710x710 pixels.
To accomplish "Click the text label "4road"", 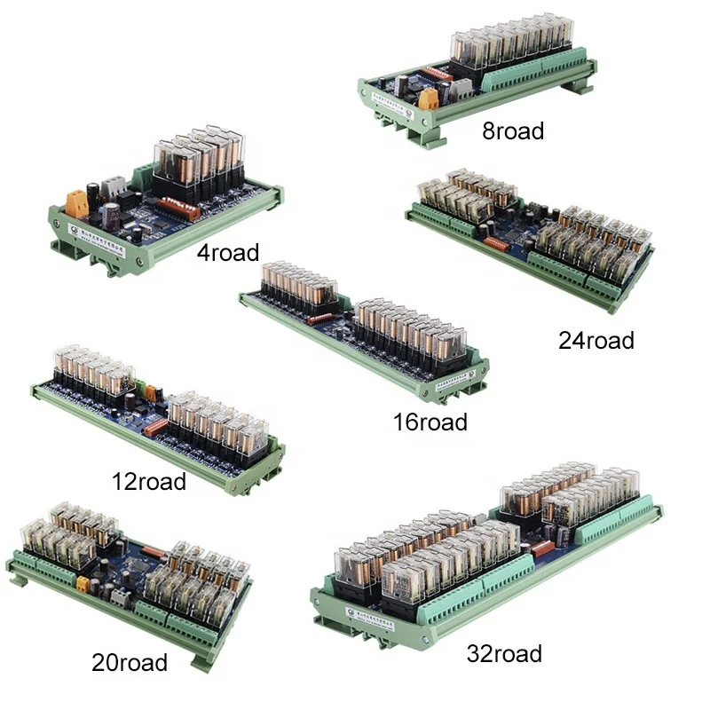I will (x=228, y=253).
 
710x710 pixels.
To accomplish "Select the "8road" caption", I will (x=513, y=131).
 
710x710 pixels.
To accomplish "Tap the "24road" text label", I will (x=596, y=340).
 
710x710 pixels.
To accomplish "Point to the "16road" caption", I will (x=430, y=422).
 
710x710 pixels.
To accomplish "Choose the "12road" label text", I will (x=149, y=482).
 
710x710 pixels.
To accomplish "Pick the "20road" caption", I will (x=130, y=662).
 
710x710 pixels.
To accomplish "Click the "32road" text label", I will (x=504, y=655).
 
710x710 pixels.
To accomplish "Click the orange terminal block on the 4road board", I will (x=77, y=203).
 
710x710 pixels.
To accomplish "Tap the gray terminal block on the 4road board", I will (x=114, y=187).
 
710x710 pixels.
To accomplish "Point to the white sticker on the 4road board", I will (x=104, y=241).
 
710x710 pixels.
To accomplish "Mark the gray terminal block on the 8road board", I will (x=462, y=87).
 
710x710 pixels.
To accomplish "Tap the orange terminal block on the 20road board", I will (x=83, y=583).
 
